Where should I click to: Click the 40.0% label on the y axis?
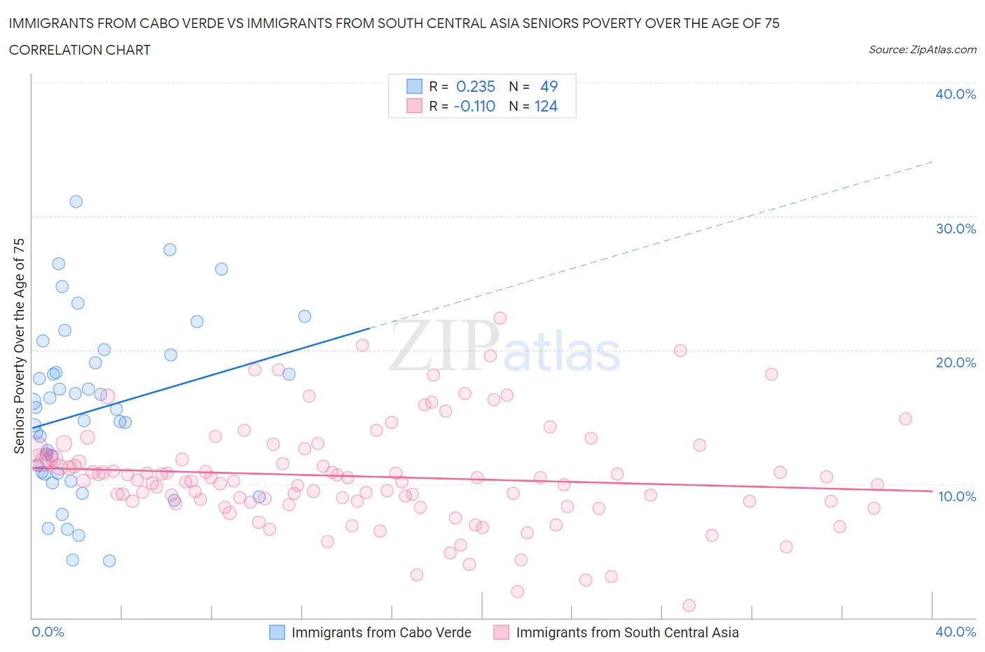coord(955,94)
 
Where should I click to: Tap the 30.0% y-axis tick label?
coord(955,229)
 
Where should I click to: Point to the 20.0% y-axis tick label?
coord(955,362)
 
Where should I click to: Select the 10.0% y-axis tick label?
coord(956,496)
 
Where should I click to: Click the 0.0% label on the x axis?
coord(48,632)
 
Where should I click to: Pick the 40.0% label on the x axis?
coord(955,632)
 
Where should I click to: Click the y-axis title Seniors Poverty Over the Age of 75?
coord(19,346)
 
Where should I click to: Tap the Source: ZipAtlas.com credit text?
coord(922,49)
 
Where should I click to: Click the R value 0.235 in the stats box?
coord(475,86)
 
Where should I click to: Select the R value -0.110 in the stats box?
coord(474,106)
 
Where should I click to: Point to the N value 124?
coord(546,106)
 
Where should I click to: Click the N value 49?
coord(549,86)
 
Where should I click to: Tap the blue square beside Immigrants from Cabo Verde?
coord(277,632)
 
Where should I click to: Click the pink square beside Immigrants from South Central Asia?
coord(501,632)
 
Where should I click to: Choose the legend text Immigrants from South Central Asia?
coord(627,632)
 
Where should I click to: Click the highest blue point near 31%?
coord(76,201)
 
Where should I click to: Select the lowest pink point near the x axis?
coord(689,606)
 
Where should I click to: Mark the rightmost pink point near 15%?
coord(905,419)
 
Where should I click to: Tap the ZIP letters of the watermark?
coord(443,346)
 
